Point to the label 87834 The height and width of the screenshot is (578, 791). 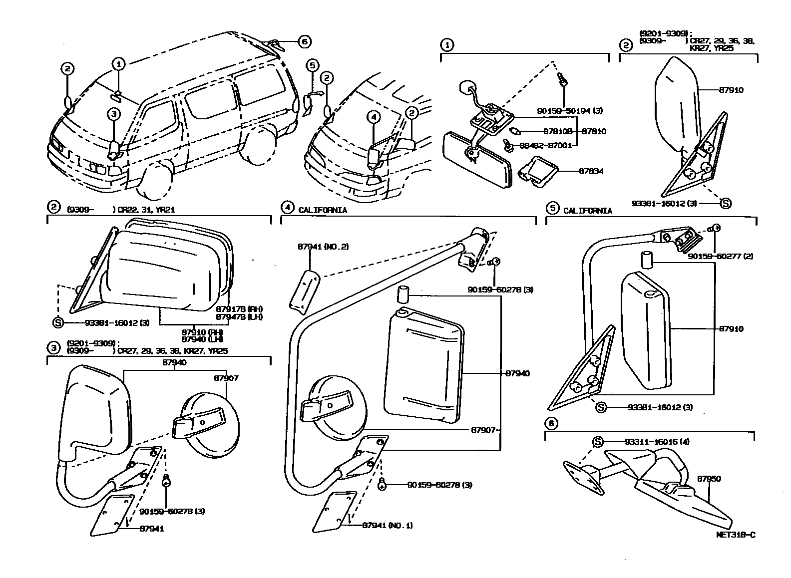coord(591,171)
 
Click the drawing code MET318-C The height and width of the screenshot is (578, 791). coord(736,535)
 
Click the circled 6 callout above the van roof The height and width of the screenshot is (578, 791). coord(305,42)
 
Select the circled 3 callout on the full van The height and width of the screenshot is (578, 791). coord(114,115)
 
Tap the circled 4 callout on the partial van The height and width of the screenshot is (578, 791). coord(374,117)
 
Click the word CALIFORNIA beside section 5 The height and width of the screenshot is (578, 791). coord(587,211)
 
